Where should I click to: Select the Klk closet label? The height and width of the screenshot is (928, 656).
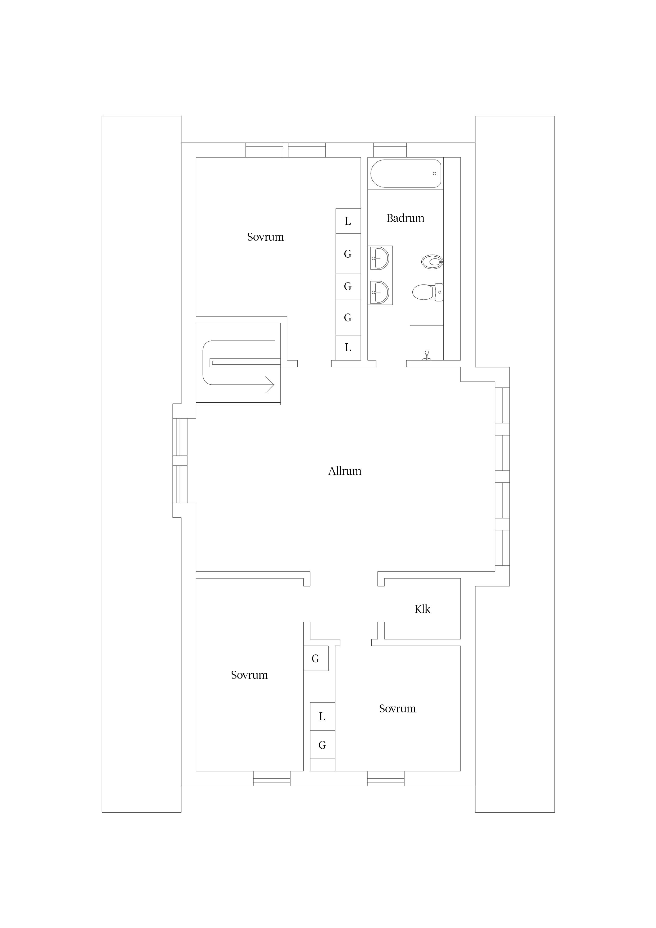[x=422, y=609]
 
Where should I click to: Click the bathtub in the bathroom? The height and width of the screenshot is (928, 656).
[x=406, y=173]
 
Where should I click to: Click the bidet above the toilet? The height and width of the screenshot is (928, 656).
[x=432, y=262]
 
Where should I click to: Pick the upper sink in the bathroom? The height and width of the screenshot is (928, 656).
[x=380, y=258]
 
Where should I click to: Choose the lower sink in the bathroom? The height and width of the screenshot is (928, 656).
[x=380, y=292]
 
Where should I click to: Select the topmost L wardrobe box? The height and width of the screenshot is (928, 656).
[x=348, y=221]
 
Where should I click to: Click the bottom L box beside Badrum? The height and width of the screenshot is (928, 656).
[x=348, y=348]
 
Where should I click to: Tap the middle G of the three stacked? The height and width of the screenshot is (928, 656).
[x=348, y=286]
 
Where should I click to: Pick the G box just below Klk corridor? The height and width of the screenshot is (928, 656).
[x=316, y=658]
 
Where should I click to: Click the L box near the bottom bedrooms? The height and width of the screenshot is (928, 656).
[x=322, y=717]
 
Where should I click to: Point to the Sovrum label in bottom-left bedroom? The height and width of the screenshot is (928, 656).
[x=249, y=675]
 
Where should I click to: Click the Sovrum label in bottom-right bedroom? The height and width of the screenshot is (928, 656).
[x=397, y=708]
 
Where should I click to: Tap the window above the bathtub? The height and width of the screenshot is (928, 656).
[x=390, y=150]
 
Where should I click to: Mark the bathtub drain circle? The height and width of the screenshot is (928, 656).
[x=435, y=173]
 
